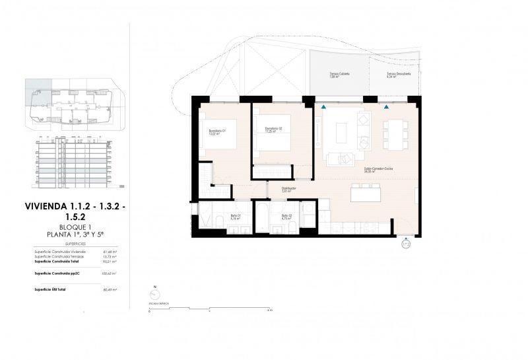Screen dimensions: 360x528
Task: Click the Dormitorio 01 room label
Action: pyautogui.click(x=217, y=132)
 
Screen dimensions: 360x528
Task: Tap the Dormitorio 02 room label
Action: pyautogui.click(x=273, y=129)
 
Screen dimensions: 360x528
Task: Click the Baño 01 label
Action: pyautogui.click(x=236, y=217)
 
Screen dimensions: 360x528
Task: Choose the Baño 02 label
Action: pyautogui.click(x=286, y=217)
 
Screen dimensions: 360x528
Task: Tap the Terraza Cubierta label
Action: pyautogui.click(x=339, y=75)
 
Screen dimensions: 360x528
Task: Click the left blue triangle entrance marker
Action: pyautogui.click(x=323, y=106)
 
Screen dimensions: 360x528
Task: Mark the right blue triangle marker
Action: pyautogui.click(x=387, y=106)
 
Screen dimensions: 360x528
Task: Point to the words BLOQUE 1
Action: pyautogui.click(x=75, y=227)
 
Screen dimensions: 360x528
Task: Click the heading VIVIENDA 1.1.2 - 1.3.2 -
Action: pyautogui.click(x=75, y=205)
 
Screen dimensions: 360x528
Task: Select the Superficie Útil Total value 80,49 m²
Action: pyautogui.click(x=110, y=289)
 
